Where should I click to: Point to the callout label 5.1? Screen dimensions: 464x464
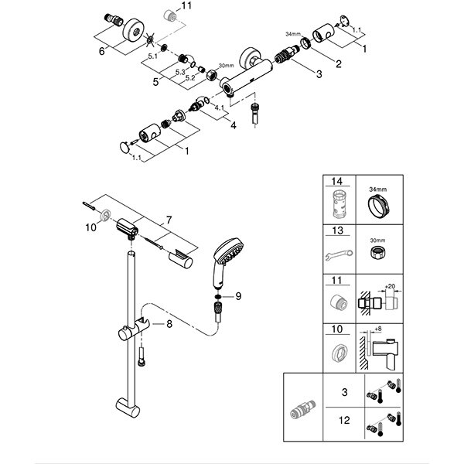coord(152,56)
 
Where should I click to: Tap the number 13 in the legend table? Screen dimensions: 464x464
coord(337,230)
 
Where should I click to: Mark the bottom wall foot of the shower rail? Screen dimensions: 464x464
coord(125,407)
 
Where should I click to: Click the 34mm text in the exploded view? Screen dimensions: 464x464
coord(292,35)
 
